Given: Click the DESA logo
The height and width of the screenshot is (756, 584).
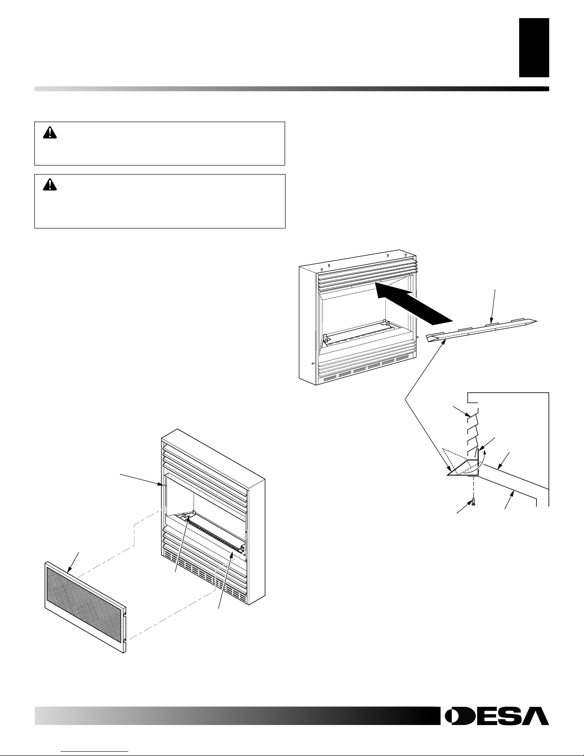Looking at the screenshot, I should (496, 715).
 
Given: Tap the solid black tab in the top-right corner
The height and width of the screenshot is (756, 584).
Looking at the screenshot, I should (534, 47).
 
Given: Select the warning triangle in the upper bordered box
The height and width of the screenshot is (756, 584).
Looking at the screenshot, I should (49, 133).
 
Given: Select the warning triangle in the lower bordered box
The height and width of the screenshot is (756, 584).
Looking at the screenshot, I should (49, 185).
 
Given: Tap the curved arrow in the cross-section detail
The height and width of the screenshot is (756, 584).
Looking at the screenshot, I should (482, 458).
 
